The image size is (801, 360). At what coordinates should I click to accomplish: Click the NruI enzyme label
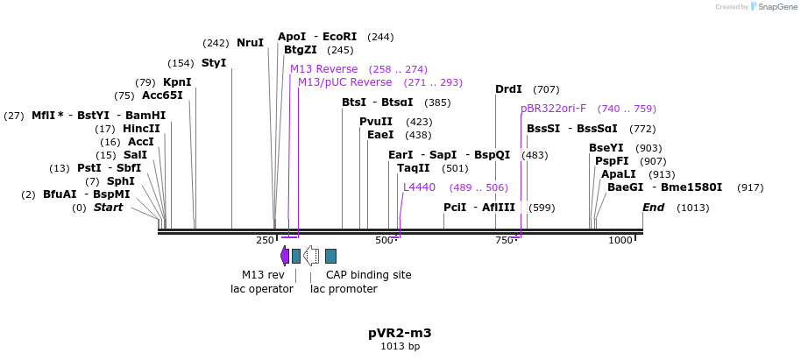point(250,42)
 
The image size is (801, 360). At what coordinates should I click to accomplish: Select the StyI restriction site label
point(214,63)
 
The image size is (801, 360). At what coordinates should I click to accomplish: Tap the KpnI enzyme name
point(177,82)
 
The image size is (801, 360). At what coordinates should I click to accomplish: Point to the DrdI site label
point(508,89)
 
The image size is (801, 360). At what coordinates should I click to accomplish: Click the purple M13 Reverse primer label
point(323,69)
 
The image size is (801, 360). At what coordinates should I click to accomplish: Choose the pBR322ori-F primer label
point(553,109)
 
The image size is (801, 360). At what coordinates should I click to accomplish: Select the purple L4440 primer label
point(419,187)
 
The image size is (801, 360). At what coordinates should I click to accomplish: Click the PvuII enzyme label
point(376,122)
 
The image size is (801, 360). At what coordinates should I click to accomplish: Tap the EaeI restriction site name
point(380,135)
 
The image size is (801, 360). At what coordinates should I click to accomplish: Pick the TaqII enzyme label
point(414,168)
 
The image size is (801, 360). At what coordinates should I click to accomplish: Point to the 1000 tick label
point(620,240)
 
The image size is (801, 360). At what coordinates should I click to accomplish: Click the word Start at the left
point(109,208)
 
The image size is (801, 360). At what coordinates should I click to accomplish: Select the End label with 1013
point(654,208)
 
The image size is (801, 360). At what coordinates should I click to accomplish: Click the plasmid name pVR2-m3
point(400,333)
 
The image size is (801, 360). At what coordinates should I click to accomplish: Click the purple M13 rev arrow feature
point(285,256)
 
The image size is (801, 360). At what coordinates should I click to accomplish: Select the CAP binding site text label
point(368,274)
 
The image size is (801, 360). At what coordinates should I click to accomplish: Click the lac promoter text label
point(344,288)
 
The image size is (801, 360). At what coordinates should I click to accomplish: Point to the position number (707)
point(546,89)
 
